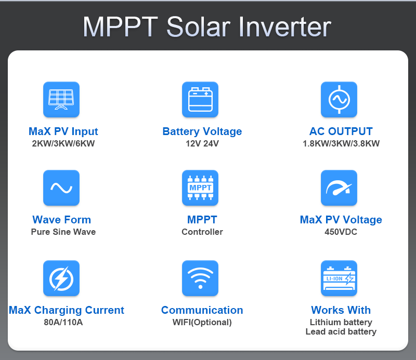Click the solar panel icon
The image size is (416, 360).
click(x=61, y=99)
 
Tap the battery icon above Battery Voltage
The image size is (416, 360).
click(x=200, y=99)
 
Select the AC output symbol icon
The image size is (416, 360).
click(x=339, y=99)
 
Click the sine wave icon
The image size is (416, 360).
click(x=61, y=188)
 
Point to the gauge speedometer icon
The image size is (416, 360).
click(x=339, y=188)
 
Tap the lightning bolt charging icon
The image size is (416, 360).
click(x=61, y=278)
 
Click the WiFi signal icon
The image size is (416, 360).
click(x=200, y=278)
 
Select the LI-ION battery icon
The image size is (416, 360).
click(x=339, y=278)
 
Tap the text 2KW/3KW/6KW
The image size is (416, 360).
click(x=63, y=143)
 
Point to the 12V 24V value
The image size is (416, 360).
click(x=202, y=143)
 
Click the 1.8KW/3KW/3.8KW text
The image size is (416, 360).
click(x=341, y=143)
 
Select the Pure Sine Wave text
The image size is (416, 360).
click(x=63, y=232)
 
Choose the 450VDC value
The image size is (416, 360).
click(x=341, y=232)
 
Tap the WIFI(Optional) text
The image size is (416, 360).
click(x=202, y=322)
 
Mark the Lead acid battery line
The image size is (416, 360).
click(x=341, y=331)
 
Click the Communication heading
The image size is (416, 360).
click(x=202, y=310)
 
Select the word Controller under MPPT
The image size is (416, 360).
click(x=202, y=232)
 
